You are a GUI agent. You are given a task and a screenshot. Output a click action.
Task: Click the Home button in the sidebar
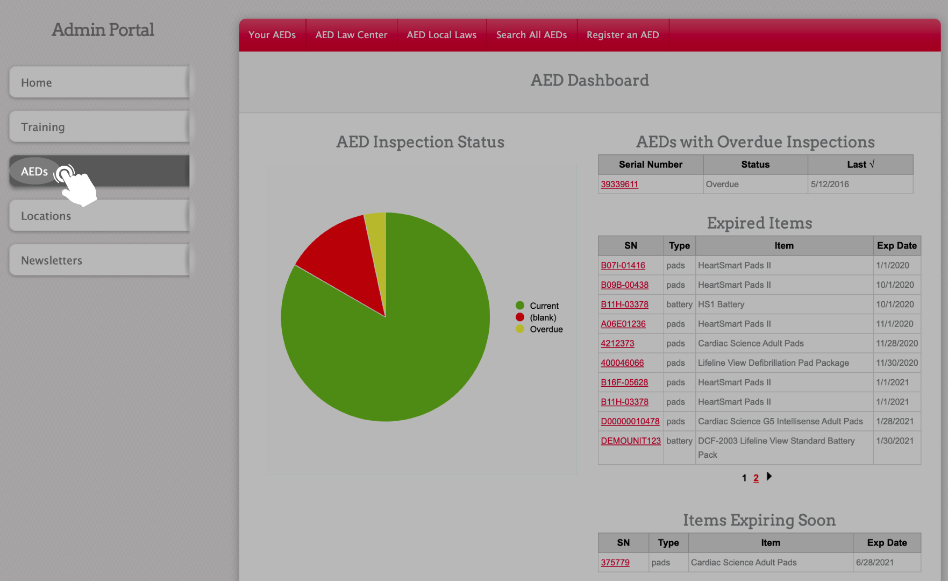99,82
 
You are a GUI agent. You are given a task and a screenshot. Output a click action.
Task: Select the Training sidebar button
99,127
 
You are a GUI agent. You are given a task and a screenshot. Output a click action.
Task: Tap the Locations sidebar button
99,216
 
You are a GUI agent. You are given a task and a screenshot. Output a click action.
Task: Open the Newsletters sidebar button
99,260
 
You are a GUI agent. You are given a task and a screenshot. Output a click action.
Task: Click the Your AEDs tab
272,35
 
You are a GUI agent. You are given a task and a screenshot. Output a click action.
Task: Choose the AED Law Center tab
351,35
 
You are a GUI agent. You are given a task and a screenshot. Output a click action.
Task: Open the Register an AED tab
623,35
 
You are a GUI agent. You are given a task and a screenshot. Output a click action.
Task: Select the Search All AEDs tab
531,35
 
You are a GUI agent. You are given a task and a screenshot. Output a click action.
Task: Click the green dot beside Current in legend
520,306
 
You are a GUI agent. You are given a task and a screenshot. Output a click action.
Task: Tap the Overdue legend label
546,329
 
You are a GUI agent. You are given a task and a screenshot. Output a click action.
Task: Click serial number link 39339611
619,184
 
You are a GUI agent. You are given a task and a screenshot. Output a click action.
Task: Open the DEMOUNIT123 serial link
631,441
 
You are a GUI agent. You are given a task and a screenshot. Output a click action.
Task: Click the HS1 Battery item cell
721,304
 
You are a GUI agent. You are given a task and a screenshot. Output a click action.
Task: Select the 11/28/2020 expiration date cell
897,343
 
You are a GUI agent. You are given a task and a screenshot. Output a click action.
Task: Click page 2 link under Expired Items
756,478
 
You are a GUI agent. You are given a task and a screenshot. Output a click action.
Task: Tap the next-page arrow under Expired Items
769,476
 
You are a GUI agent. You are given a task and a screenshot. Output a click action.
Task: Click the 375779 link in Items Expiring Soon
615,562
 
